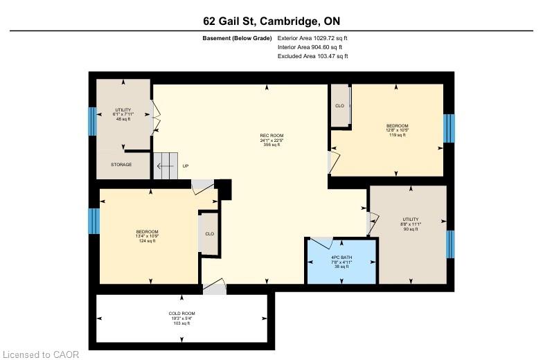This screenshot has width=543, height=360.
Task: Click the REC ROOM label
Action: tap(271, 136)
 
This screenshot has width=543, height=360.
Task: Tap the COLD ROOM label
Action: tap(181, 313)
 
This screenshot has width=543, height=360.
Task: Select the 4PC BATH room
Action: tap(341, 262)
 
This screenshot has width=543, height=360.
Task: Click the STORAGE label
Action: tap(121, 165)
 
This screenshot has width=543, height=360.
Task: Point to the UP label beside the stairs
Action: tap(186, 166)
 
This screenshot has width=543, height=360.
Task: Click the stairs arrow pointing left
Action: tap(165, 166)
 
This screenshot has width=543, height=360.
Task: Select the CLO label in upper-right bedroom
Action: tap(339, 105)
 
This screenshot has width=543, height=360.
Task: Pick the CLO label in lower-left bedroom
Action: tap(209, 234)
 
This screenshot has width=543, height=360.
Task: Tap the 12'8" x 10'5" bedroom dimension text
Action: tap(398, 130)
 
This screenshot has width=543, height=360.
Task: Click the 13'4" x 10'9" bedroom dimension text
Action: tap(147, 236)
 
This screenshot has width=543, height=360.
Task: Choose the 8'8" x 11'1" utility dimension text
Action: tap(410, 224)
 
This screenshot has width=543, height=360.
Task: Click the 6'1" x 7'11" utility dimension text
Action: tap(123, 114)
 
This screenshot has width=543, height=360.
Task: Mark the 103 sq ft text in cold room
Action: tap(181, 323)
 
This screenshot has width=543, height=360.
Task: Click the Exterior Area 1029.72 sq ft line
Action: tap(312, 38)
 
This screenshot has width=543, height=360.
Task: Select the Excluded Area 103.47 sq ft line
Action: tap(313, 56)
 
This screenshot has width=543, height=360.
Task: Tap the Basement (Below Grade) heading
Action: tap(237, 38)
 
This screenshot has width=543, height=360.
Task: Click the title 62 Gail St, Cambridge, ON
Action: tap(271, 21)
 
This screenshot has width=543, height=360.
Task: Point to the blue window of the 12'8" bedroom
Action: tap(449, 128)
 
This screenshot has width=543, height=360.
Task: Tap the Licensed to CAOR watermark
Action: tap(40, 354)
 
